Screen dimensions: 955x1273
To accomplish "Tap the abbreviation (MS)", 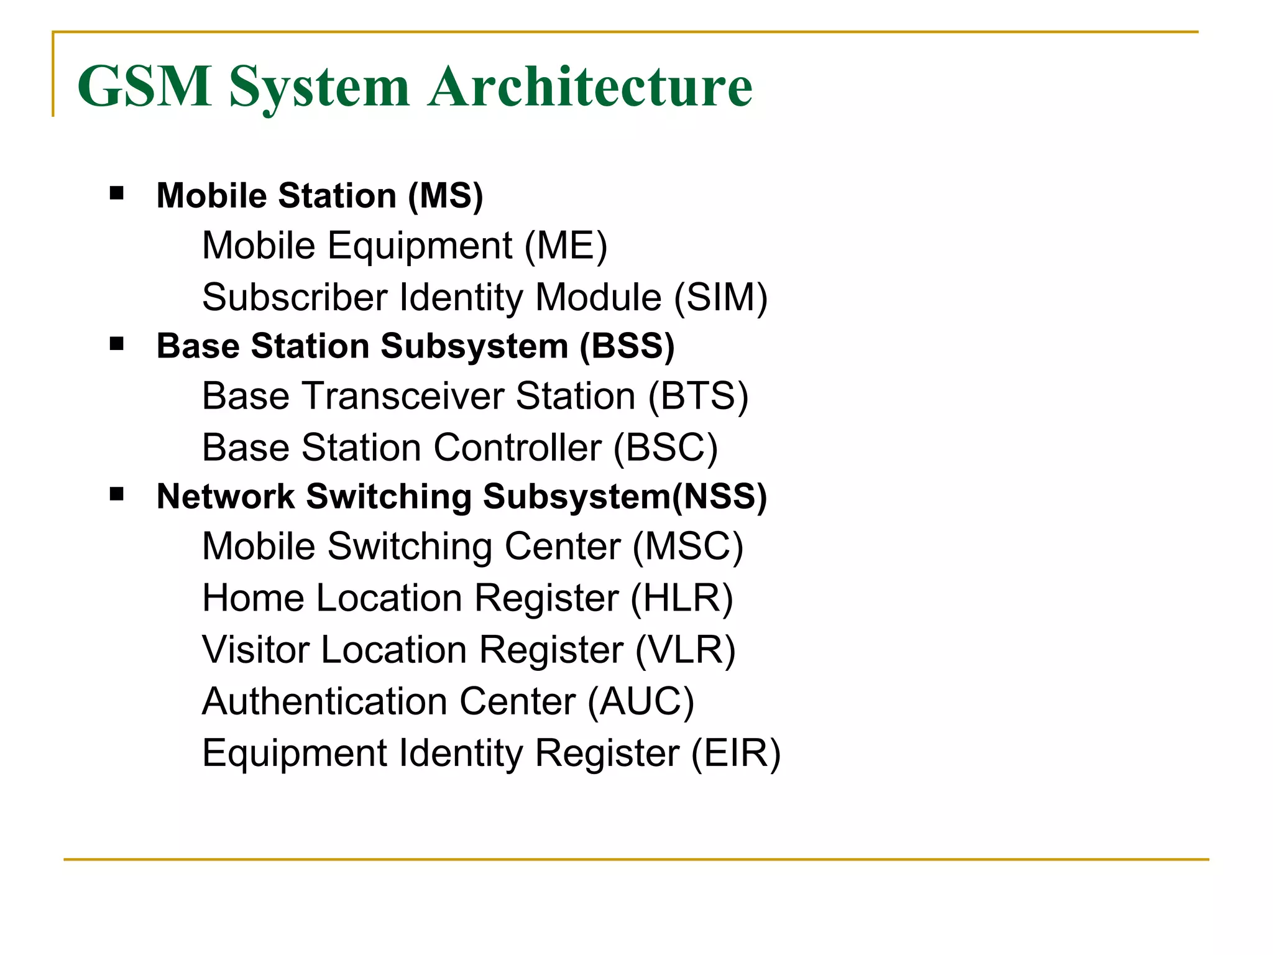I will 445,196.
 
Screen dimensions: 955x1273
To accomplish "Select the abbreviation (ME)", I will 566,246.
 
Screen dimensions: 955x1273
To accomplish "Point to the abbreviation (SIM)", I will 721,298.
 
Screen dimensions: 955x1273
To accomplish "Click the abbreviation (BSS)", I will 627,346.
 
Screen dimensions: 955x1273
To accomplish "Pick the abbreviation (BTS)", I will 698,397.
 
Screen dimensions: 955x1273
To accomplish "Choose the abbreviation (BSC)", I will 666,448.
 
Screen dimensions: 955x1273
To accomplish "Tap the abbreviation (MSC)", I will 687,547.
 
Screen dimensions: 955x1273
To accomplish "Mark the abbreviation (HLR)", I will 682,599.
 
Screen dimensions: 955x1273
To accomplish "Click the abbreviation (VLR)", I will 685,650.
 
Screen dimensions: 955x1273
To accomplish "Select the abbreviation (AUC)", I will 641,702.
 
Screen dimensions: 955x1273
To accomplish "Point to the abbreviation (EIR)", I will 736,754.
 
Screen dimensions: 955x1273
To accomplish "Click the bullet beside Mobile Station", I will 116,193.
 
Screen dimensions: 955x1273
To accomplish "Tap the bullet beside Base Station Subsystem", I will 116,344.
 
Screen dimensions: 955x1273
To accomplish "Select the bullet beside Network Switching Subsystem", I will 116,494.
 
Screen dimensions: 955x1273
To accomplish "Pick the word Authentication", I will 324,702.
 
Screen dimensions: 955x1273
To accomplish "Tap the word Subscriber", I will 294,298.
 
